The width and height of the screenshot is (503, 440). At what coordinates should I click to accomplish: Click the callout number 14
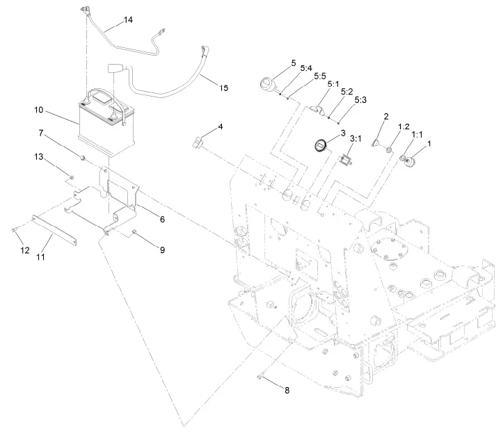(x=127, y=20)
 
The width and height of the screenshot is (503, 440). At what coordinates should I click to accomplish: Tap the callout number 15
(x=223, y=88)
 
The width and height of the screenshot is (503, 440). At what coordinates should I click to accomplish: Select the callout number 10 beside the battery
(x=39, y=110)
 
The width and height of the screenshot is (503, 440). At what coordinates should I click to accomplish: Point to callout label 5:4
(x=306, y=68)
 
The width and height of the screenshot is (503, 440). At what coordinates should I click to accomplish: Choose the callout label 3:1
(x=355, y=139)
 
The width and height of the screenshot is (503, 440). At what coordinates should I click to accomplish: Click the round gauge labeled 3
(x=321, y=145)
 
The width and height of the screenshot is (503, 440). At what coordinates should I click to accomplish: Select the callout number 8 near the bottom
(x=286, y=390)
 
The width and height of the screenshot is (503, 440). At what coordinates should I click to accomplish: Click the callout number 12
(x=24, y=250)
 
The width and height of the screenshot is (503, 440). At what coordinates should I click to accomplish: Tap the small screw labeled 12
(x=15, y=230)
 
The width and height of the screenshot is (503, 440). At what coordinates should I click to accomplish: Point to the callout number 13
(x=39, y=156)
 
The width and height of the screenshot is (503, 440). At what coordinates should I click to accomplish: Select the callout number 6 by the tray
(x=161, y=219)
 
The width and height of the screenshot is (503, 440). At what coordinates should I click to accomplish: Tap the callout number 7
(x=41, y=133)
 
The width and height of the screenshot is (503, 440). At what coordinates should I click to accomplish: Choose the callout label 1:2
(x=403, y=127)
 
